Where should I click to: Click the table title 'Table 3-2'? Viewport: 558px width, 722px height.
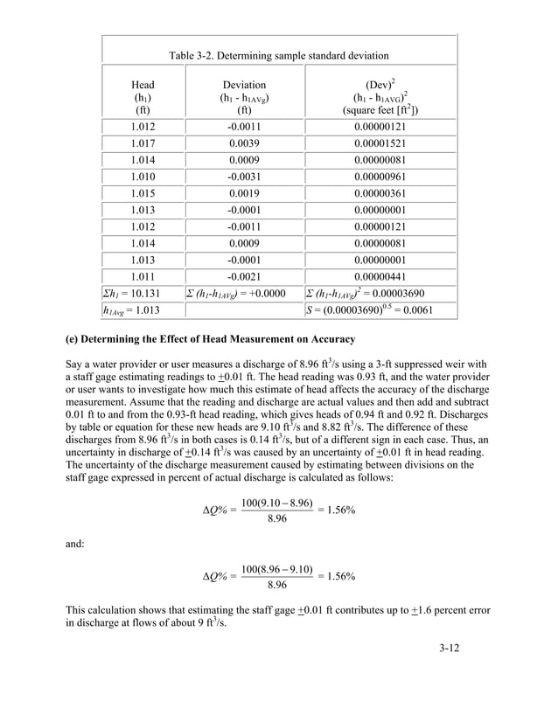click(279, 56)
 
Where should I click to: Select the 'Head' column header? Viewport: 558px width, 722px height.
click(143, 85)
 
